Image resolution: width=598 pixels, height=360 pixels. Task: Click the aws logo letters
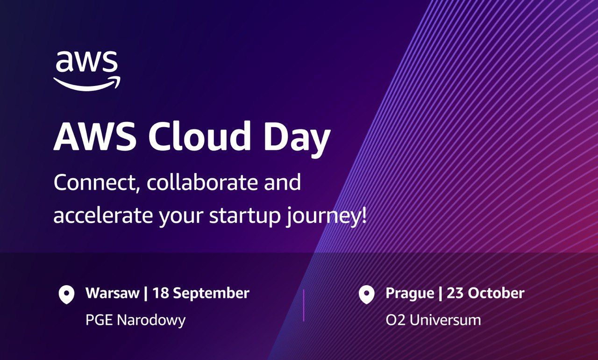point(86,61)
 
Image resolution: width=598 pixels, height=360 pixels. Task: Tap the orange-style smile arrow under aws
point(87,84)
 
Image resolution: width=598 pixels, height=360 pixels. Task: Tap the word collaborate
point(201,182)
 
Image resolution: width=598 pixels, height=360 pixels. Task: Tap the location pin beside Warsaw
point(66,295)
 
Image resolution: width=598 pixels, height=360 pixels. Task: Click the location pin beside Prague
point(366,295)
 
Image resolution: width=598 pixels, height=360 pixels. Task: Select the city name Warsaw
point(113,293)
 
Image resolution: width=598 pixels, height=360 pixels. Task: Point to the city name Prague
point(410,294)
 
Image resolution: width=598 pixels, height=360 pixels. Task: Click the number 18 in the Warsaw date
point(160,293)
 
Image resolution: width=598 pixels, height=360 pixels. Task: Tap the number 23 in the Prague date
point(455,293)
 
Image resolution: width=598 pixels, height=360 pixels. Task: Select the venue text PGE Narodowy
point(135,320)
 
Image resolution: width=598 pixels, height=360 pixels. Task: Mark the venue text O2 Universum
point(433,320)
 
